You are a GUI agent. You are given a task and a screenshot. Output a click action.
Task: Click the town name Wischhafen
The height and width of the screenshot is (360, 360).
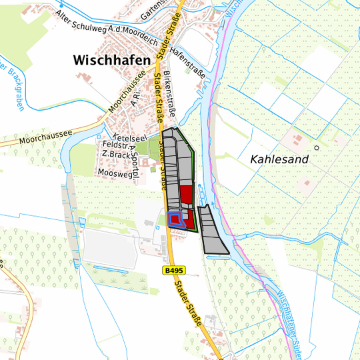111,60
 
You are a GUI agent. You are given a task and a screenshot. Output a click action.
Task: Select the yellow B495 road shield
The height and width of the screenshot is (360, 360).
173,271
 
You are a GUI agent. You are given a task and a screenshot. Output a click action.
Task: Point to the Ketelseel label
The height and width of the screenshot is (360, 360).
115,137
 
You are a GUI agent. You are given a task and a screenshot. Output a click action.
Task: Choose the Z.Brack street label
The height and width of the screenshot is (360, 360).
114,155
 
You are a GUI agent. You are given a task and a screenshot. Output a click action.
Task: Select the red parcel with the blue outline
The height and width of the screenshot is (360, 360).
175,219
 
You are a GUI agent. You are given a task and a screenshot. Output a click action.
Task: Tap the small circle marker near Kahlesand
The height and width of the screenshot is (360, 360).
317,147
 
